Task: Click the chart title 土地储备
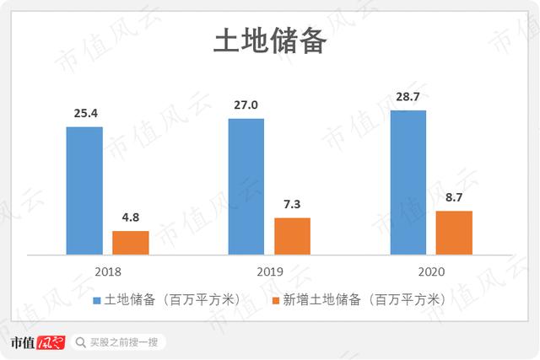(269, 40)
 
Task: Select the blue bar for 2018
(84, 190)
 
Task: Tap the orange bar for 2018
(130, 242)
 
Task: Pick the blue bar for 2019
(246, 185)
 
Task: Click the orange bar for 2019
(292, 235)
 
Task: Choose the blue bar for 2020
(408, 181)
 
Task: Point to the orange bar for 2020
(454, 232)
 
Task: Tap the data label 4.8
(130, 218)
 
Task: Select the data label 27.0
(246, 105)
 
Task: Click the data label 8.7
(454, 198)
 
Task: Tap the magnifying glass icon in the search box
(80, 342)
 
